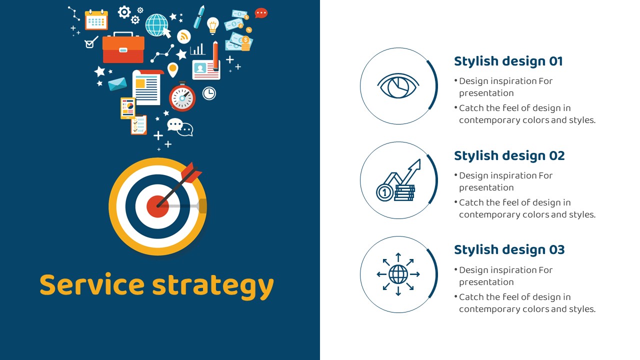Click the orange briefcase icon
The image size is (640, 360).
[123, 47]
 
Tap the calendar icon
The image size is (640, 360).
[96, 19]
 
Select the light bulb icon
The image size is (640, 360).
[212, 25]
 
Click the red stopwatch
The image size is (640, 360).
[182, 96]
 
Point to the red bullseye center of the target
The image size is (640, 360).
[157, 206]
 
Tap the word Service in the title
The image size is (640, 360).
[92, 284]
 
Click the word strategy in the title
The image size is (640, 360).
[213, 286]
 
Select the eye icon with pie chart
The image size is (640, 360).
[398, 85]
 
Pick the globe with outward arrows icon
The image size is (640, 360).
[398, 274]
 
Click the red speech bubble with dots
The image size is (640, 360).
[261, 13]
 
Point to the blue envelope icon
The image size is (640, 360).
[117, 83]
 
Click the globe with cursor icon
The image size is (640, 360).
[157, 25]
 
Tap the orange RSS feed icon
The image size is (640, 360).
[183, 36]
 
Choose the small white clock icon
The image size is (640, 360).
[209, 93]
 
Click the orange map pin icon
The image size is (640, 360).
[172, 69]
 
